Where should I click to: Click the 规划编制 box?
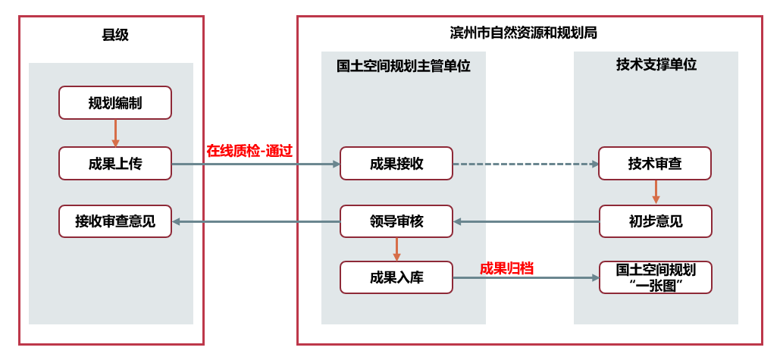[x=115, y=103]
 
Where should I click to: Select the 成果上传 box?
[x=115, y=164]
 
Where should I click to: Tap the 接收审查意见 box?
[x=115, y=221]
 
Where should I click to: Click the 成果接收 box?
[x=396, y=164]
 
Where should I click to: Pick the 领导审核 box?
[x=396, y=221]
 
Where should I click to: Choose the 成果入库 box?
[x=396, y=277]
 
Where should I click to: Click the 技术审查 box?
[x=655, y=164]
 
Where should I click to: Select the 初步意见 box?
[x=655, y=221]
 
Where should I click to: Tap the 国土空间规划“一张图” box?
[x=655, y=277]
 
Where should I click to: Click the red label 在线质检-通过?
[x=249, y=150]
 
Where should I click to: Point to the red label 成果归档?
[x=506, y=268]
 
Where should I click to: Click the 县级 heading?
[x=115, y=35]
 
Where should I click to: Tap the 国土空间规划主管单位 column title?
[x=403, y=66]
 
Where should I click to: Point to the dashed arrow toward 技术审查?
[x=525, y=164]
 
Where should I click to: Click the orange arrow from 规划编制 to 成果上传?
[x=115, y=133]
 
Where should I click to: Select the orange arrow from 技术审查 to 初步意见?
[x=656, y=193]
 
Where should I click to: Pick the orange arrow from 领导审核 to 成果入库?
[x=396, y=249]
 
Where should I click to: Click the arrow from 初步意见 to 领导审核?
[x=525, y=221]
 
